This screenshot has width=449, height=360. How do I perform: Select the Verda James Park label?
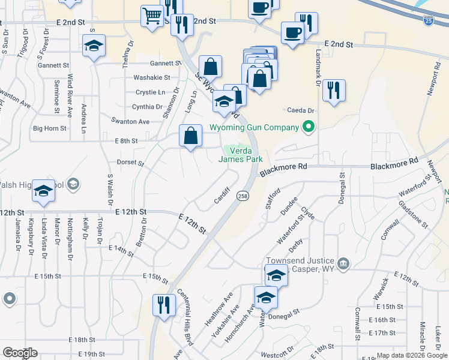[240, 155]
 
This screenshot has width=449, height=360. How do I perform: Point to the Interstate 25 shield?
[427, 21]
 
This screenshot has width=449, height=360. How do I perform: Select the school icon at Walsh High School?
[43, 190]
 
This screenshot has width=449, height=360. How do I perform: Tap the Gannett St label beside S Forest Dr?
[53, 65]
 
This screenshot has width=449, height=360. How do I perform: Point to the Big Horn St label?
[49, 128]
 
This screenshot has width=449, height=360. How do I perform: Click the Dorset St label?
[132, 163]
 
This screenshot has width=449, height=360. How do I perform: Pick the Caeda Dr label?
[301, 110]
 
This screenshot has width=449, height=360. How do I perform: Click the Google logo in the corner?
[20, 353]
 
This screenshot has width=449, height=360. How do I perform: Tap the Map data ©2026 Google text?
[411, 355]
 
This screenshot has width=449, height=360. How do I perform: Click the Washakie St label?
[152, 77]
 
